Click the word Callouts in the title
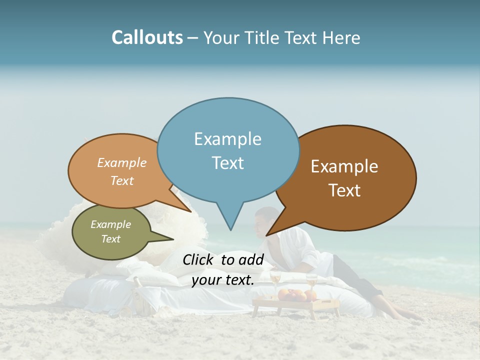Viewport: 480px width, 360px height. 147,37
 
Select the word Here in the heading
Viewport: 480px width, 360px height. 341,38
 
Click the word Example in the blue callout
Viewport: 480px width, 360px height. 227,139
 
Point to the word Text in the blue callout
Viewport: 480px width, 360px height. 227,163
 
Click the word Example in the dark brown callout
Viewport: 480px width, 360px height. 344,166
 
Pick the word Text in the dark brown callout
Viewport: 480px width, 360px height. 344,190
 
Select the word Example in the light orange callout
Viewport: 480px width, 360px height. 121,163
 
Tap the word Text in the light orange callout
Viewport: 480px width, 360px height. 121,180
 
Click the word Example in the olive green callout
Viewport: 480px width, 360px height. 110,224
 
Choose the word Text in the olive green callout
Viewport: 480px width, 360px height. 110,239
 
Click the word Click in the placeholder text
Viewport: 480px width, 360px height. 198,259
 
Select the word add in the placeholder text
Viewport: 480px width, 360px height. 251,259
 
